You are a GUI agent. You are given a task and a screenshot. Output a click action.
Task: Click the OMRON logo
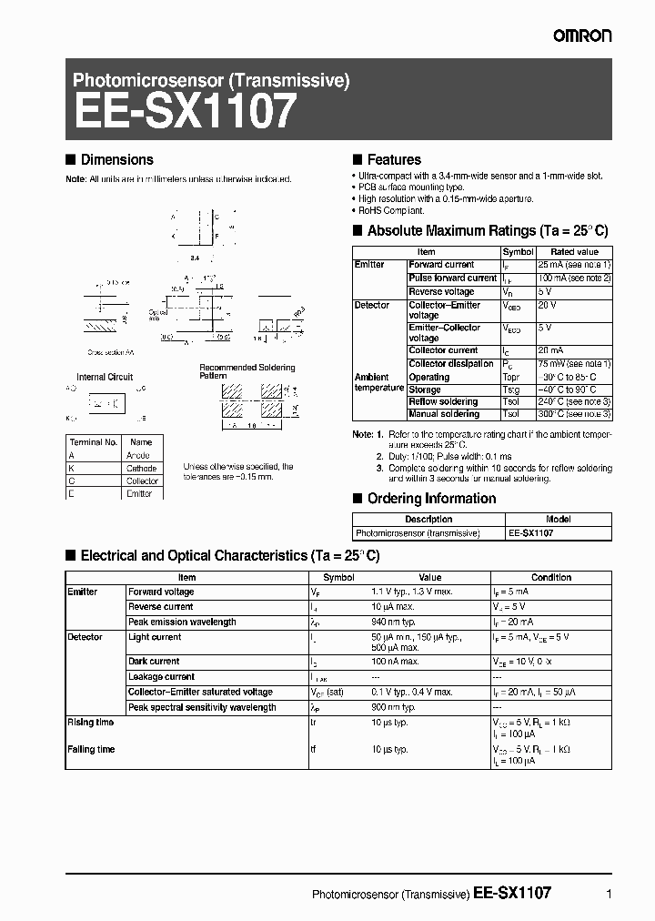579,35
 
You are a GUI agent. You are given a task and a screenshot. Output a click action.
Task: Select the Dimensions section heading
116,159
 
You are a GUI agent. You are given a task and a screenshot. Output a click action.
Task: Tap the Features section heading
393,159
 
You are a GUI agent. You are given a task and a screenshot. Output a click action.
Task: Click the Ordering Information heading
431,499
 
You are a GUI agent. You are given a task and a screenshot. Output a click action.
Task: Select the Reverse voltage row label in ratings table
441,292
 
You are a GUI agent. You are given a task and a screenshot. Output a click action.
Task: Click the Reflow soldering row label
443,401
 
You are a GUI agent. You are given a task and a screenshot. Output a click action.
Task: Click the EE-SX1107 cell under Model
531,533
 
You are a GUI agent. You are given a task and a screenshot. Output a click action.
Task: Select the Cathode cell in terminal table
141,468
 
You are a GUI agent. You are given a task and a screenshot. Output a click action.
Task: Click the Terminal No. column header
93,442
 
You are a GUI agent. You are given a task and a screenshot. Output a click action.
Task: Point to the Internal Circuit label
105,377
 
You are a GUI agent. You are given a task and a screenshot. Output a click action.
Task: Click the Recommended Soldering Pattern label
235,371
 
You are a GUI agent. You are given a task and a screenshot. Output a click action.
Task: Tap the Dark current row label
154,662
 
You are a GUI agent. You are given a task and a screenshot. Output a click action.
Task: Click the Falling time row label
91,749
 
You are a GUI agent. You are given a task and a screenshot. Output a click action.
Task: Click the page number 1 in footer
608,894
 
